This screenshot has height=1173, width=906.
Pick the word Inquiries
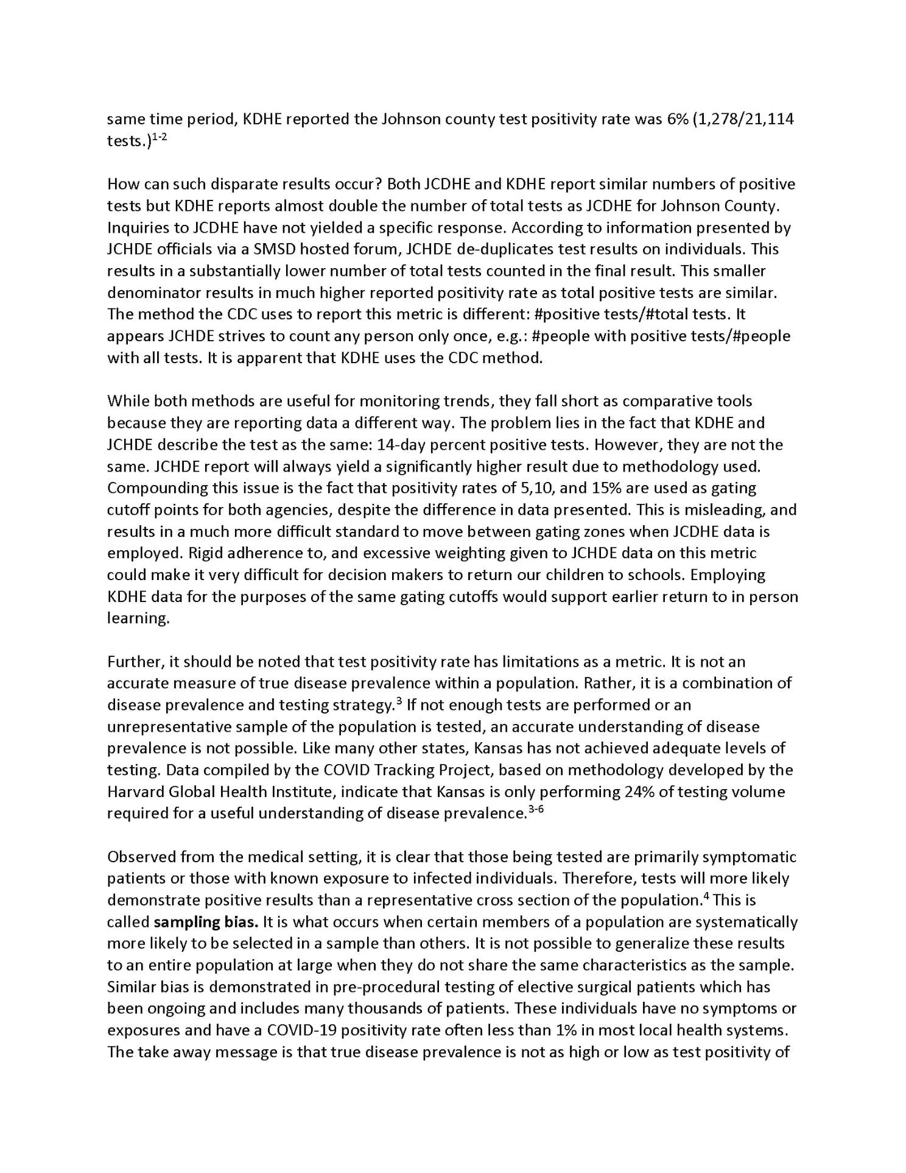tap(139, 227)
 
